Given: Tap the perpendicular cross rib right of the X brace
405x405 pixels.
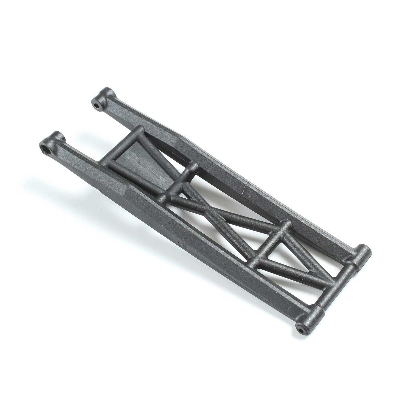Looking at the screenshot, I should tap(269, 244).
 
